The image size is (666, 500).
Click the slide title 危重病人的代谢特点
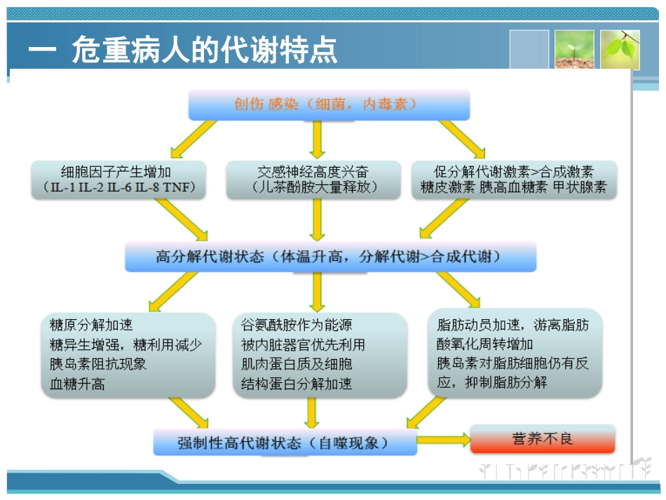204,50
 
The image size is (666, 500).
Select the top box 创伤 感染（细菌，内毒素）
328,104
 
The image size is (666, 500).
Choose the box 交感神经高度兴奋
313,172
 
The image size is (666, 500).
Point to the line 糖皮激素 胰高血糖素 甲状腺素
514,188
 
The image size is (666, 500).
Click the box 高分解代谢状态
329,257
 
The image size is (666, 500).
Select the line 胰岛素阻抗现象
98,364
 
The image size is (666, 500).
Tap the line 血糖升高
77,384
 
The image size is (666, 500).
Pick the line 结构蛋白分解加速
297,384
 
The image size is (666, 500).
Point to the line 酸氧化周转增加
484,344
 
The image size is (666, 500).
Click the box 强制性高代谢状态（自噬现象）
284,442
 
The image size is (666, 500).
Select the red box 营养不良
542,439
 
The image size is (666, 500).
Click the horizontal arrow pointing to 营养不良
443,440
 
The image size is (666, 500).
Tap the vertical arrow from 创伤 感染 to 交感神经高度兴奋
317,139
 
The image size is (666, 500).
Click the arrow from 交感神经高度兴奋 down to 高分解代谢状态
317,220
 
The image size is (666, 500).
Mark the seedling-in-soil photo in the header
574,49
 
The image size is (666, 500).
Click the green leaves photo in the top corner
620,49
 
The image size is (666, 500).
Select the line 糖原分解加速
91,325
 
